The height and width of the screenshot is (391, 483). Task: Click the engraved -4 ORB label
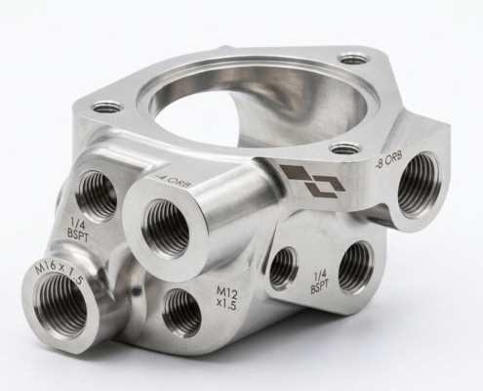[173, 183]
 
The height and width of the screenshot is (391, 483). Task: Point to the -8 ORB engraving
[388, 158]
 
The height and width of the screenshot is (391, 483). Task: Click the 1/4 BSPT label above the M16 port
[79, 231]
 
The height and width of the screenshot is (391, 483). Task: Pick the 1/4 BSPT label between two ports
[319, 283]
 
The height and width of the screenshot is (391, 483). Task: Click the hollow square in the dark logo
[327, 188]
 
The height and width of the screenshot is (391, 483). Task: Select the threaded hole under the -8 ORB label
[418, 188]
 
